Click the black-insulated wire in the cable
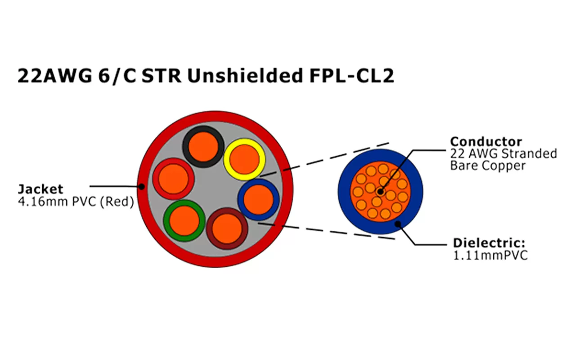(x=203, y=146)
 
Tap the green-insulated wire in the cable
(x=184, y=220)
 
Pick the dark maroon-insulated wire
(x=227, y=228)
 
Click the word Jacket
(x=40, y=189)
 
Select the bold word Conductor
(x=486, y=141)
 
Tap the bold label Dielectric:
(x=489, y=243)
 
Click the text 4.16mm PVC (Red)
(x=76, y=202)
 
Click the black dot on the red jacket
(x=142, y=186)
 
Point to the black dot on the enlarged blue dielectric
(x=397, y=224)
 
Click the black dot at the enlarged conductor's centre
(x=380, y=192)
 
